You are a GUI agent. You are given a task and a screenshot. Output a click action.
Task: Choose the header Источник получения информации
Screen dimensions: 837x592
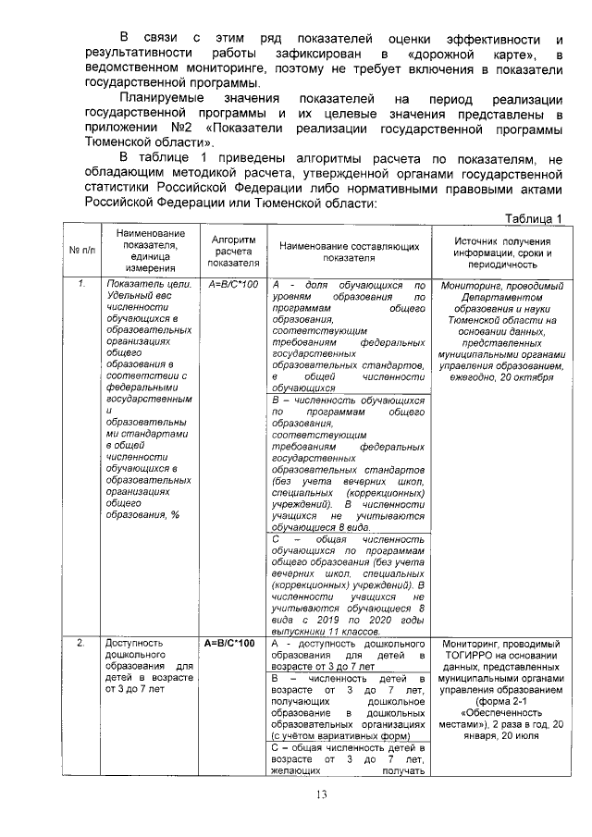[503, 251]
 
